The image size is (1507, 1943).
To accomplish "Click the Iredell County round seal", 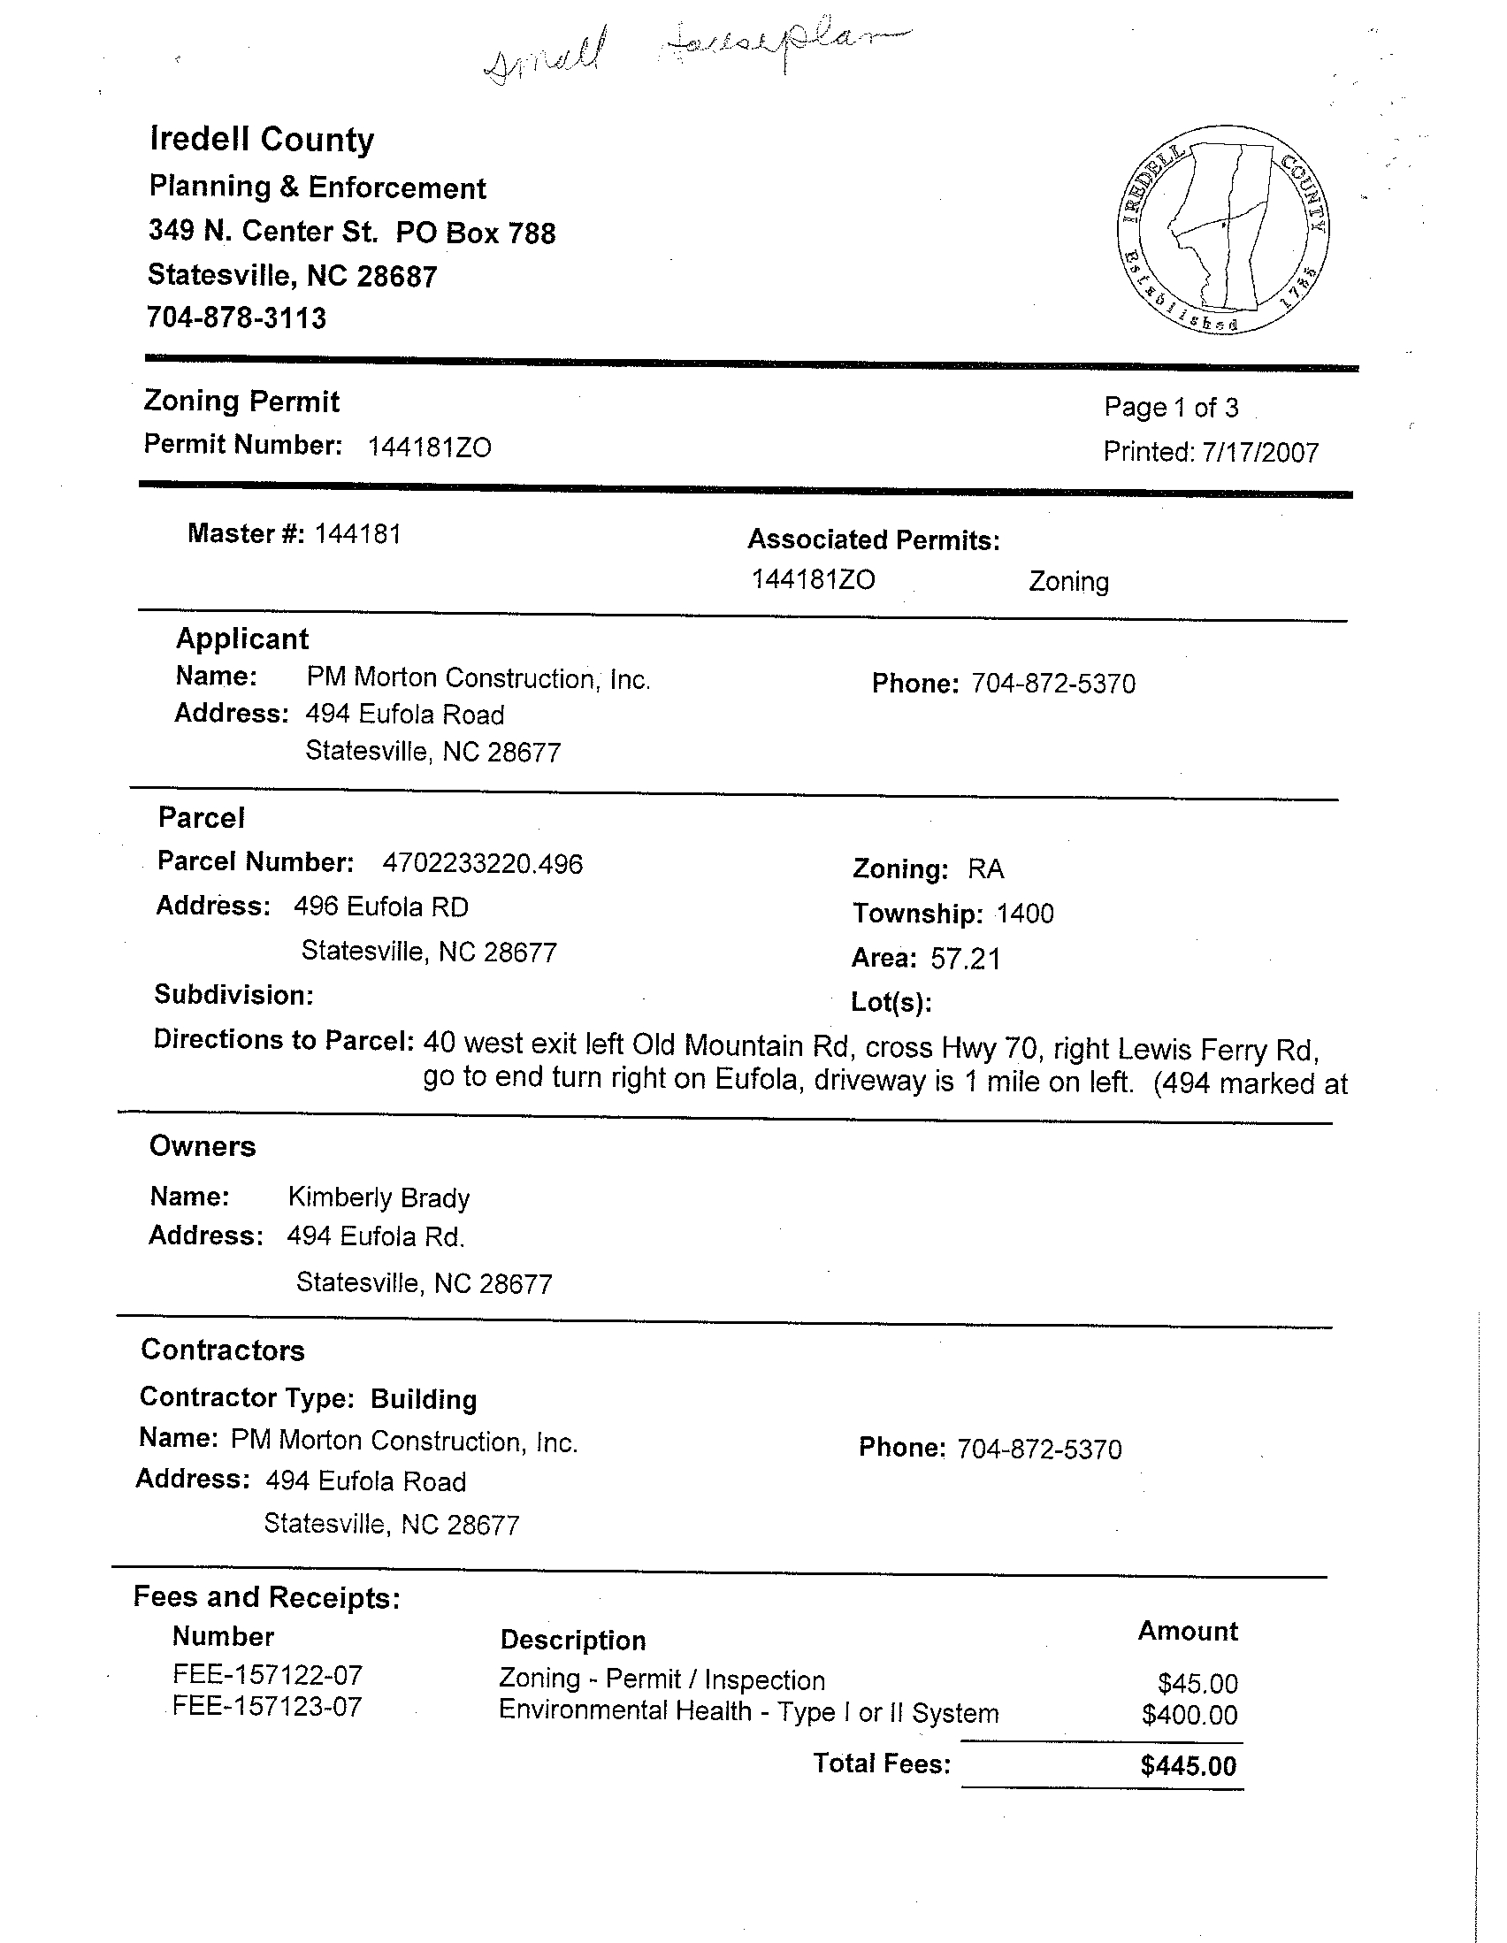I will pyautogui.click(x=1224, y=230).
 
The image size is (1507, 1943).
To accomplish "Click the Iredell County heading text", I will pyautogui.click(x=262, y=140).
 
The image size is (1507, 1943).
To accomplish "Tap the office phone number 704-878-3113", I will pyautogui.click(x=237, y=317).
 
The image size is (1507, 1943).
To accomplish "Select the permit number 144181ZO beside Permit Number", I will pyautogui.click(x=429, y=447).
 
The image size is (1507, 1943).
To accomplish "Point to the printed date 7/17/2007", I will pyautogui.click(x=1259, y=453).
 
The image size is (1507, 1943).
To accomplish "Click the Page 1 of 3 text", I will pyautogui.click(x=1171, y=408).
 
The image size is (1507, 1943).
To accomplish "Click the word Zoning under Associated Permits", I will pyautogui.click(x=1068, y=582).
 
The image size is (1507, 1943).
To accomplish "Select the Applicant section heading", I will pyautogui.click(x=242, y=639).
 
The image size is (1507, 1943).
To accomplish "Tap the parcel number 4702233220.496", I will pyautogui.click(x=482, y=863).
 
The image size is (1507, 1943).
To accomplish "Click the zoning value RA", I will pyautogui.click(x=986, y=868).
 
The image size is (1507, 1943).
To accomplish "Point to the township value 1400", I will pyautogui.click(x=1025, y=914).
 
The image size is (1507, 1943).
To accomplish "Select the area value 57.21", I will pyautogui.click(x=965, y=959).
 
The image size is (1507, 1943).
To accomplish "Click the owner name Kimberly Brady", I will pyautogui.click(x=379, y=1197).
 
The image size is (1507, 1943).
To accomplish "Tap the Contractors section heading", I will pyautogui.click(x=222, y=1350).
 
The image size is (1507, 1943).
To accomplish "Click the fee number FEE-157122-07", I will pyautogui.click(x=268, y=1676).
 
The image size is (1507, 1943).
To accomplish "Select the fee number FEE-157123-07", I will pyautogui.click(x=268, y=1706).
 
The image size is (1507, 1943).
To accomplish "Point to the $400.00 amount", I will pyautogui.click(x=1190, y=1714).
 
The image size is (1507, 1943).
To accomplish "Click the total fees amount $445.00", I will pyautogui.click(x=1188, y=1766).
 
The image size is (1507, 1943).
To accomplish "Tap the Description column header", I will pyautogui.click(x=573, y=1641).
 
